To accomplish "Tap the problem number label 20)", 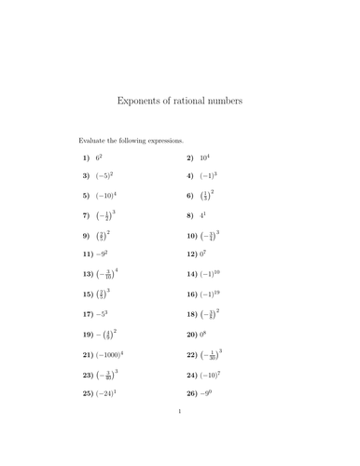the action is (193, 333).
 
